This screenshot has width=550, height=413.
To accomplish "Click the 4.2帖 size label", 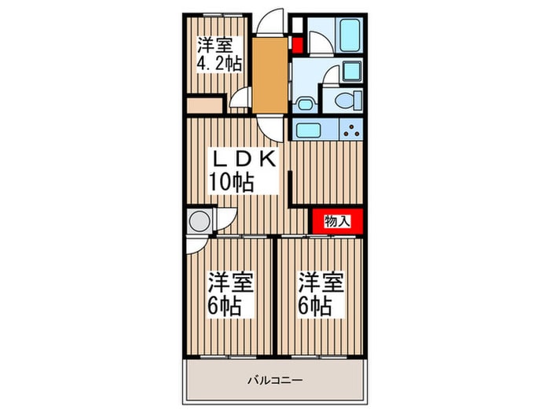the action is pyautogui.click(x=219, y=64).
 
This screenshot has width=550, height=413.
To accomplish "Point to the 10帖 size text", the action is pyautogui.click(x=231, y=182).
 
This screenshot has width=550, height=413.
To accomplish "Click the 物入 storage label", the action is pyautogui.click(x=337, y=221).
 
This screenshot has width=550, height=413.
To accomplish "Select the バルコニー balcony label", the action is pyautogui.click(x=275, y=380).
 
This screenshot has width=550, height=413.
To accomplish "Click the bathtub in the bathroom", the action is pyautogui.click(x=350, y=35).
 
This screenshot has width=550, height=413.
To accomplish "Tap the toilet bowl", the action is pyautogui.click(x=348, y=101).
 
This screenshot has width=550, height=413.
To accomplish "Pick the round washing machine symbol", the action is pyautogui.click(x=200, y=221).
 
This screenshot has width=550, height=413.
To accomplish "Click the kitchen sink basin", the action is pyautogui.click(x=308, y=131).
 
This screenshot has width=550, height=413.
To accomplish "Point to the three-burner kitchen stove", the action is pyautogui.click(x=350, y=129).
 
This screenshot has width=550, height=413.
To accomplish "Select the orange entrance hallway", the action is pyautogui.click(x=269, y=76).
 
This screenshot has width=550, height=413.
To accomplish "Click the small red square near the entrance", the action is pyautogui.click(x=298, y=45).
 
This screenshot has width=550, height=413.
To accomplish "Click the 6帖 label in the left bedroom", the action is pyautogui.click(x=224, y=306).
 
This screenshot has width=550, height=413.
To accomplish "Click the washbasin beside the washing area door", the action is pyautogui.click(x=352, y=72).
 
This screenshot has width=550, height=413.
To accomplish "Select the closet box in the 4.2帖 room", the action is pyautogui.click(x=205, y=105).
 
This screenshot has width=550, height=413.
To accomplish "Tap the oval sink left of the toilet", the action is pyautogui.click(x=304, y=105).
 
